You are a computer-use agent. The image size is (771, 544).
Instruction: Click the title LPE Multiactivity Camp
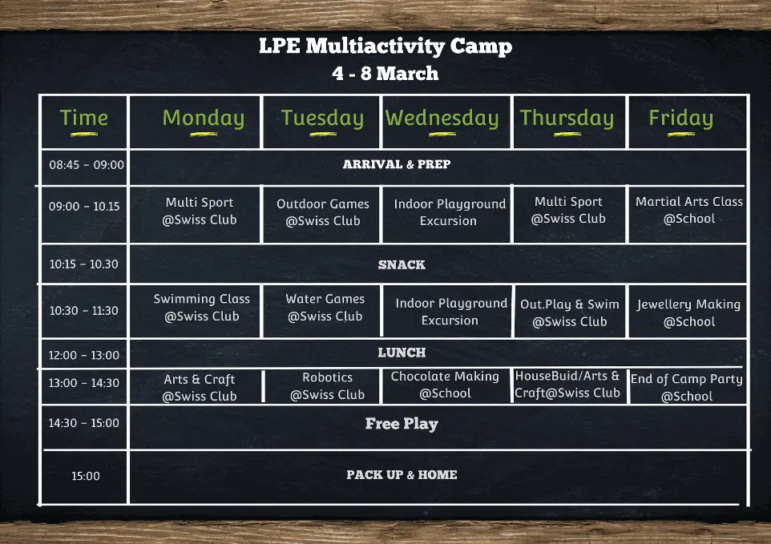385,46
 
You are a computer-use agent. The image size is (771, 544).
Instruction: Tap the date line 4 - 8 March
385,73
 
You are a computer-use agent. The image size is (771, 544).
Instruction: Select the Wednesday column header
442,118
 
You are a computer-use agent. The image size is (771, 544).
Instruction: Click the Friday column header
681,118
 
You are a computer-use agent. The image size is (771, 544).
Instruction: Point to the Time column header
83,118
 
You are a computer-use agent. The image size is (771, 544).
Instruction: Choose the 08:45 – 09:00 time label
87,164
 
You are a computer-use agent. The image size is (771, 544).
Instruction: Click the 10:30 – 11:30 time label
84,311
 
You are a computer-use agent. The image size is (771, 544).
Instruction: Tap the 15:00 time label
86,476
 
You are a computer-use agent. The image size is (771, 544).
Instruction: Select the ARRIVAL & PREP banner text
397,164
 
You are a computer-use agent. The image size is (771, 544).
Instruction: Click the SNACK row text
402,265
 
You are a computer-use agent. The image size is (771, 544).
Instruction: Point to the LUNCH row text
402,353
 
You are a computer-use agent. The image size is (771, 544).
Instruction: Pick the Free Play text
402,424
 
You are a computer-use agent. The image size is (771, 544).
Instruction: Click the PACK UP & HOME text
402,475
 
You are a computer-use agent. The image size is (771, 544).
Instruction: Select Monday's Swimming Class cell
202,308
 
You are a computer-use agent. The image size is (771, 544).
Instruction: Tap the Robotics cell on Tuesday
328,385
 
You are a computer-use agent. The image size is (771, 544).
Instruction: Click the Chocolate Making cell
445,385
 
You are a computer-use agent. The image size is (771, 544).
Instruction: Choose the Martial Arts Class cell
689,210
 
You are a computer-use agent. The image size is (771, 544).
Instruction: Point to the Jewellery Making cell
689,313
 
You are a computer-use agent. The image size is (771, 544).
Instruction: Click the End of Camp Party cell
687,387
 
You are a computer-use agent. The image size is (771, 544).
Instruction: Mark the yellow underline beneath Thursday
567,134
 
